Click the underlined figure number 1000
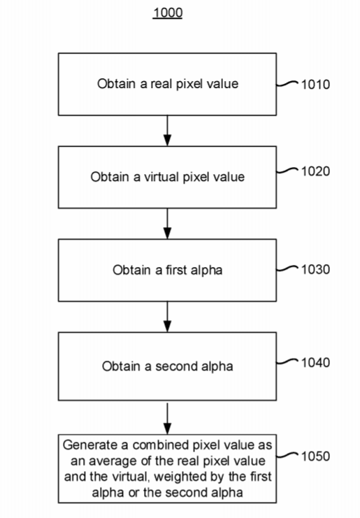tap(168, 13)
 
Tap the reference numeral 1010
tap(315, 85)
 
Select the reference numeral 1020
tap(315, 171)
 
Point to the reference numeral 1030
tap(315, 270)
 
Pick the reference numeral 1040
tap(315, 363)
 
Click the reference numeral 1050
tap(315, 456)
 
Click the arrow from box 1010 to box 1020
tap(168, 131)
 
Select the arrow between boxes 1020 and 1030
tap(168, 224)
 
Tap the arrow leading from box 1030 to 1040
tap(168, 317)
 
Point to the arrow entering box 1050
tap(168, 419)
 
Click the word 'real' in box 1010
tap(161, 84)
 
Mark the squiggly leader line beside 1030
tap(287, 268)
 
